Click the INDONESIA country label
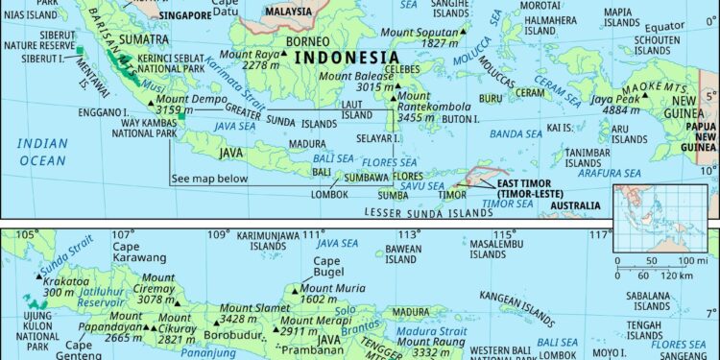click(x=347, y=59)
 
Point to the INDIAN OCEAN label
click(x=43, y=153)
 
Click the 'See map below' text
click(x=209, y=179)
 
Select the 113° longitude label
click(x=410, y=235)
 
